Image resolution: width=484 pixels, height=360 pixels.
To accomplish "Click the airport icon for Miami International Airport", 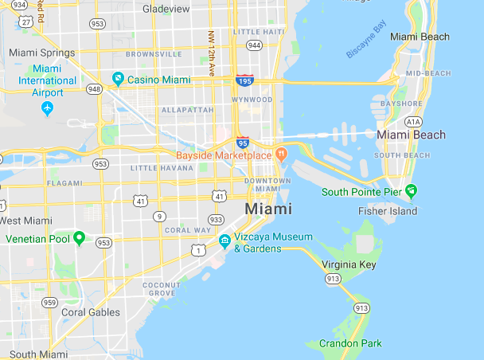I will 47,108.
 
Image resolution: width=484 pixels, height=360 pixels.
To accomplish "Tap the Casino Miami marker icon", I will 118,78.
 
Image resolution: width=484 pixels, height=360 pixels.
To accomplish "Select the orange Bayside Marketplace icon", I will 280,153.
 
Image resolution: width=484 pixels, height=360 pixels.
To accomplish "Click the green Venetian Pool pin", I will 79,238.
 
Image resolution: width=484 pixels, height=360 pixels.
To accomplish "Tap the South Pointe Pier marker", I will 411,191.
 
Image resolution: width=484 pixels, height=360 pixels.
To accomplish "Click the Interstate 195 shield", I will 245,80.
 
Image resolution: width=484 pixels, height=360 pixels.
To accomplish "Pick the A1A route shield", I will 412,121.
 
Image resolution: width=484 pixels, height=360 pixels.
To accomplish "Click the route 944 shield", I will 255,45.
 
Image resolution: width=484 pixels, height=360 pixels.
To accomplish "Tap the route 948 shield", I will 95,88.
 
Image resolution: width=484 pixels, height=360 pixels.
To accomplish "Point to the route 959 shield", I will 50,302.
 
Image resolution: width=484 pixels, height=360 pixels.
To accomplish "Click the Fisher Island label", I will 388,211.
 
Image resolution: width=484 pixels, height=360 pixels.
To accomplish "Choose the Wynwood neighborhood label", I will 252,100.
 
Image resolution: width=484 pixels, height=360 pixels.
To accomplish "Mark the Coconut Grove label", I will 161,288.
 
